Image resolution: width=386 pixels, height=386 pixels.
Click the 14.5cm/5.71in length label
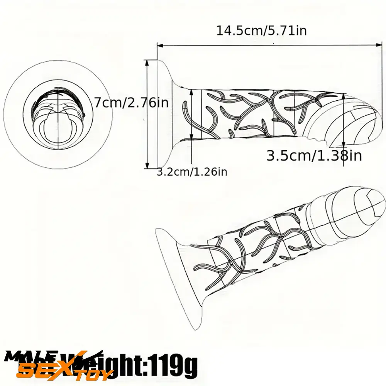[x=261, y=30]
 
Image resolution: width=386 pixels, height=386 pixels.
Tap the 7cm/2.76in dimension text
[x=131, y=103]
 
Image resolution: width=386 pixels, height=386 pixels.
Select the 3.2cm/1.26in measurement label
[x=192, y=172]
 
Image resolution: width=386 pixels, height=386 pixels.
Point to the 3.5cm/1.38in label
[x=314, y=156]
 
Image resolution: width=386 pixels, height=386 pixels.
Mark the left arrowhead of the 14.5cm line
[x=159, y=45]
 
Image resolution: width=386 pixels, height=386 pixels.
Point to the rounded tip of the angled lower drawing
[x=363, y=205]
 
